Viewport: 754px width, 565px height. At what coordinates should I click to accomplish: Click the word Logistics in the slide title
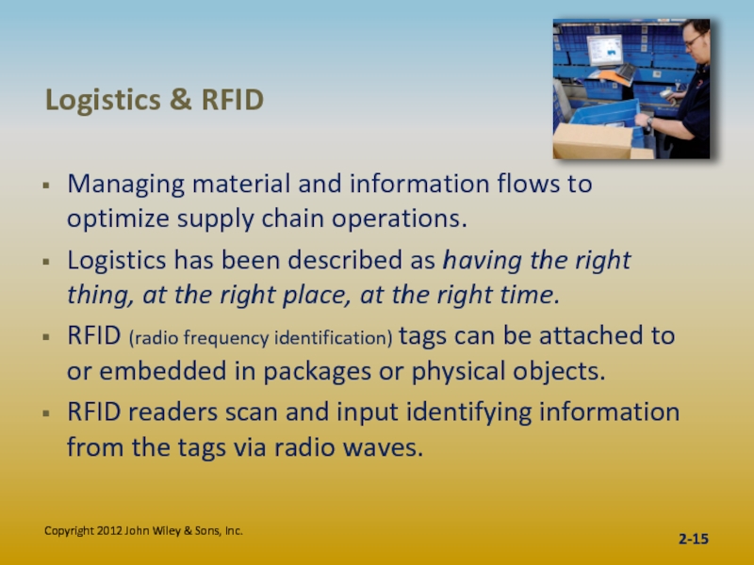103,101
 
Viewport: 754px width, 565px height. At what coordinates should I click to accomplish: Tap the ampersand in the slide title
181,100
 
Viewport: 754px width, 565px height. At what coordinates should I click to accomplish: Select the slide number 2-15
694,539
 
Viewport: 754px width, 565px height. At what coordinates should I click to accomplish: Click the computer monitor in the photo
604,50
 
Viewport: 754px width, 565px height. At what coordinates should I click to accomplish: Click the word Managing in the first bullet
126,185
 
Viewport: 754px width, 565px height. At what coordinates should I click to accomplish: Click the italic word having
483,261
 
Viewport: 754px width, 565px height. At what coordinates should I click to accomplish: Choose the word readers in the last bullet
173,412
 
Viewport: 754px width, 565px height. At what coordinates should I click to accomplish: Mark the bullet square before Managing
46,185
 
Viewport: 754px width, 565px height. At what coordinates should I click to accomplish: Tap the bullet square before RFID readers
46,412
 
